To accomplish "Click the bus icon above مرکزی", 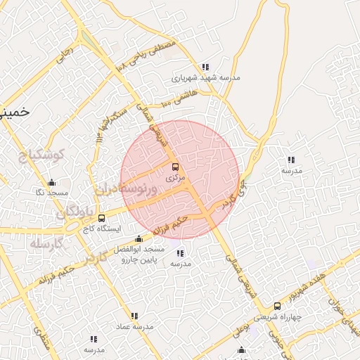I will click(x=175, y=167).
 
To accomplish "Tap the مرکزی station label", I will click(x=175, y=179).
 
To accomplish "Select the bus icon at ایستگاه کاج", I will click(x=102, y=218).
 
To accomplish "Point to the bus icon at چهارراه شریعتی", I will click(x=277, y=306).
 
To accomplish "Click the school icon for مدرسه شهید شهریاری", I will click(x=205, y=67).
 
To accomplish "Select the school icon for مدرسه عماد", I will click(x=134, y=316).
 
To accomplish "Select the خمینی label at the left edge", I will click(x=14, y=112).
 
